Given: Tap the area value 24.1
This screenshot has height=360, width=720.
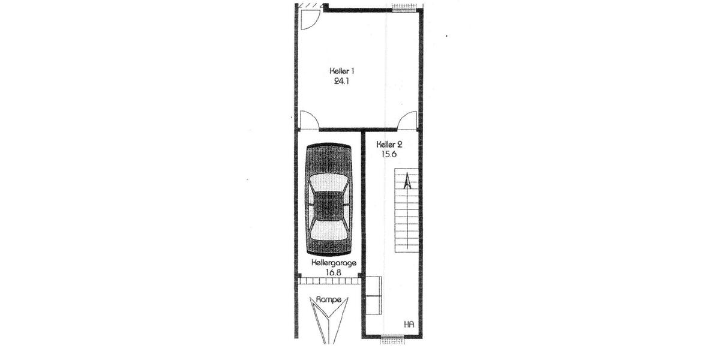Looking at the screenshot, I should pos(341,81).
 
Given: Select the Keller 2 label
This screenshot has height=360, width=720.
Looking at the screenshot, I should pos(389,144).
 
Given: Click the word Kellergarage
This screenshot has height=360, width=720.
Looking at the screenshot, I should pos(334,263).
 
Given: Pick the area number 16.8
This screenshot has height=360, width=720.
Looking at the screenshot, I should pos(333,272).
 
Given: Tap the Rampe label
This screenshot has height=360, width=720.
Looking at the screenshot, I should pos(329,299).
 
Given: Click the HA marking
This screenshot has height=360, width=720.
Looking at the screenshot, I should pos(409,325).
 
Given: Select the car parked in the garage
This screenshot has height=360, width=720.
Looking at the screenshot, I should pos(329,199).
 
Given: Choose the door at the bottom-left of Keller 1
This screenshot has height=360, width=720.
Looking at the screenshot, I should pos(308,121).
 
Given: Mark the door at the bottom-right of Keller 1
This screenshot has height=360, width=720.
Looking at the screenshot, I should pos(408,121).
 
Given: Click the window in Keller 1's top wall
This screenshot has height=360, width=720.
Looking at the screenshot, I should pos(402,8).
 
